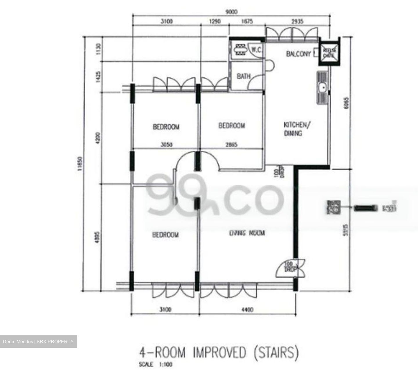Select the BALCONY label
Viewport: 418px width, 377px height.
[x=298, y=54]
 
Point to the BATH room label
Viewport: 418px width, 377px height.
[x=244, y=76]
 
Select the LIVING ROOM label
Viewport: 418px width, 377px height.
[x=247, y=233]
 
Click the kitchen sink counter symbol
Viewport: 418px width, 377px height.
[x=322, y=87]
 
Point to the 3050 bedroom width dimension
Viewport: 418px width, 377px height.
[x=166, y=144]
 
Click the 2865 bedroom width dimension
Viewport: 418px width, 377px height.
[x=231, y=144]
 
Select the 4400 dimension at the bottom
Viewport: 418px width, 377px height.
[x=247, y=310]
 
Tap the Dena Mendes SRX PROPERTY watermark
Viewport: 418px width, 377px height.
[x=38, y=342]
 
